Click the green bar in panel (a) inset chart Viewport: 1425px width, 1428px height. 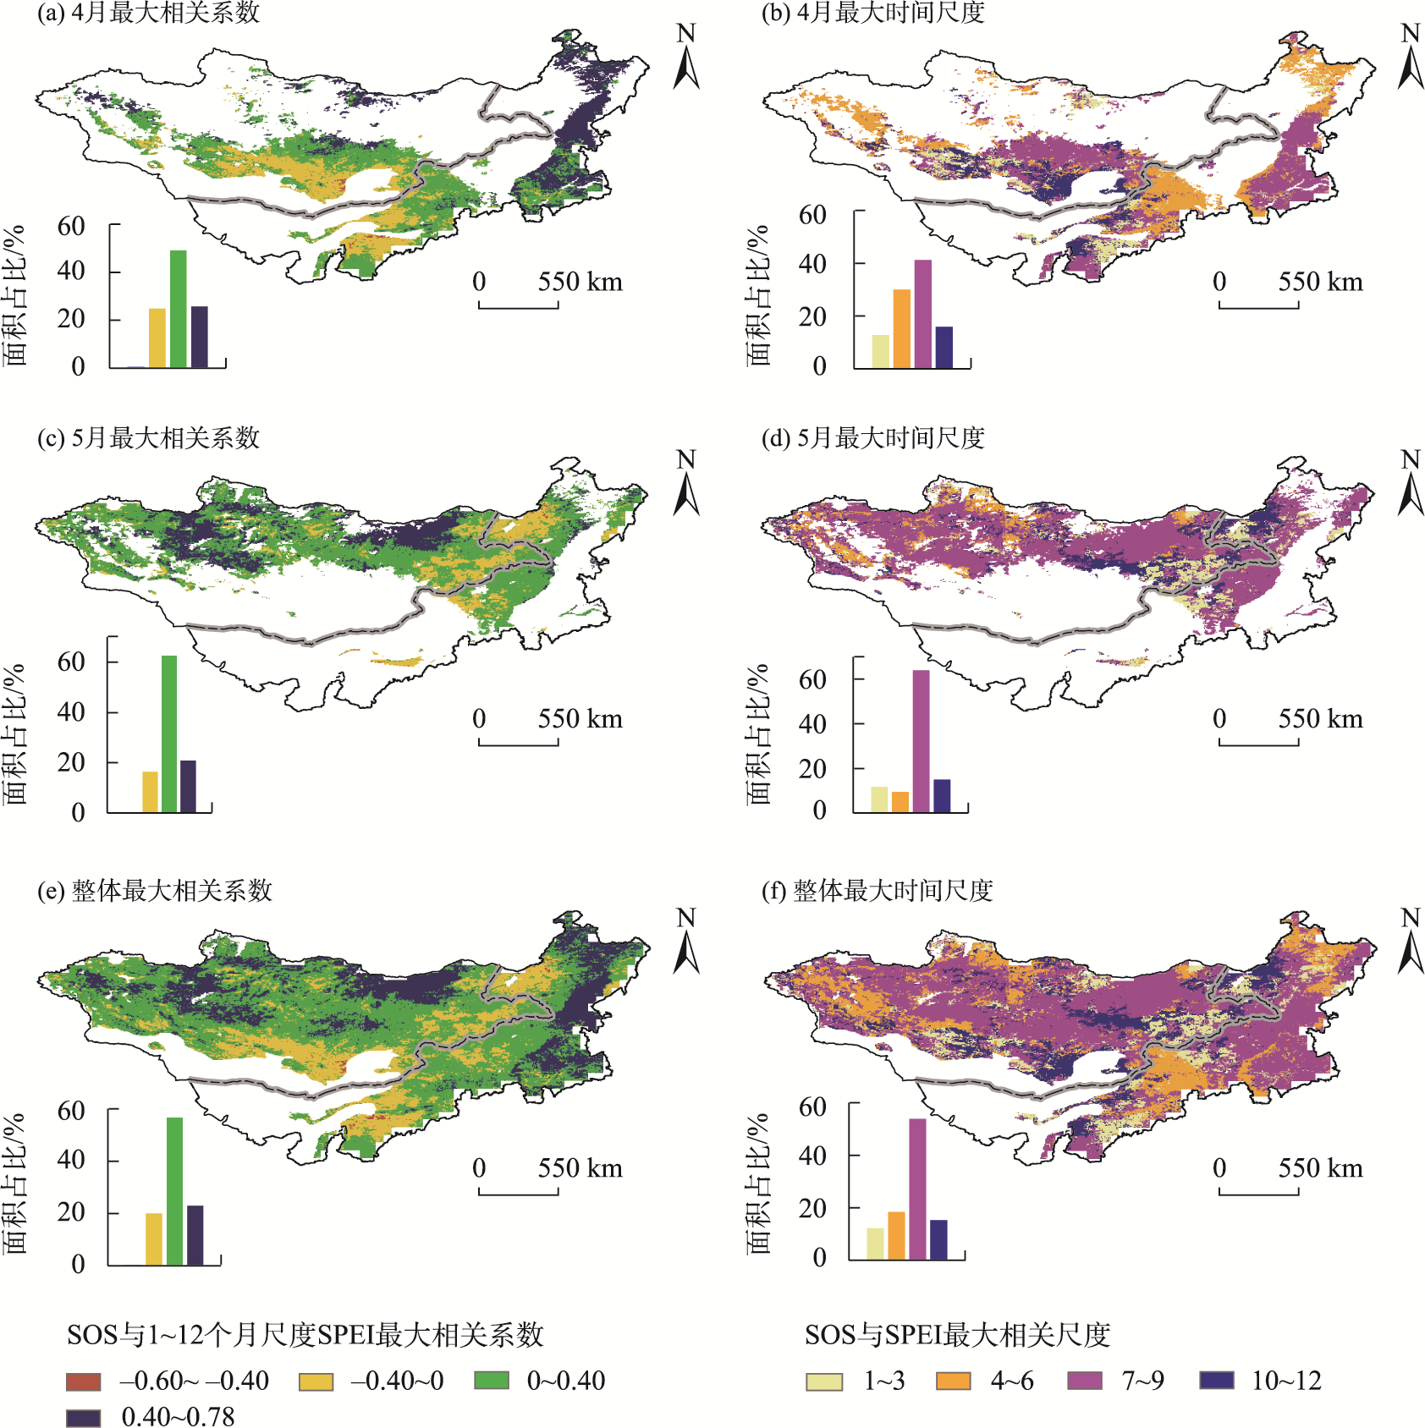pyautogui.click(x=178, y=309)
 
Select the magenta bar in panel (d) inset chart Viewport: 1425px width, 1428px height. pyautogui.click(x=921, y=741)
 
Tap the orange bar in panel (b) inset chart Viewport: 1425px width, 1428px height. pyautogui.click(x=901, y=328)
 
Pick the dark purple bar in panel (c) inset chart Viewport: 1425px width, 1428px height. pyautogui.click(x=188, y=786)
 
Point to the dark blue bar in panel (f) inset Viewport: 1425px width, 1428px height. pyautogui.click(x=938, y=1239)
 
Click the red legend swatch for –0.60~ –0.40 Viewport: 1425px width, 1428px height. pyautogui.click(x=83, y=1381)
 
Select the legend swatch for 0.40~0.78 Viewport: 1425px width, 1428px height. pyautogui.click(x=83, y=1417)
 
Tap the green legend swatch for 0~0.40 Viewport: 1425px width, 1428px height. pyautogui.click(x=491, y=1381)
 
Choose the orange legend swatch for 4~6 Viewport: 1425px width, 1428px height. pyautogui.click(x=953, y=1381)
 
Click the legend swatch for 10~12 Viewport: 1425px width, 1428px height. pyautogui.click(x=1216, y=1381)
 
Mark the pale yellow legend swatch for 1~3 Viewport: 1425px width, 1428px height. pyautogui.click(x=823, y=1381)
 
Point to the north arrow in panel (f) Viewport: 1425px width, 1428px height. pyautogui.click(x=1410, y=941)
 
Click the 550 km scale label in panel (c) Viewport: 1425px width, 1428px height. pyautogui.click(x=580, y=719)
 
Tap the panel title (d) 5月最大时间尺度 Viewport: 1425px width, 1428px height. pyautogui.click(x=872, y=438)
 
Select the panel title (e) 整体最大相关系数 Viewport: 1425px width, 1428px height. pyautogui.click(x=155, y=890)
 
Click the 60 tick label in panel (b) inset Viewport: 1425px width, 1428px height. pyautogui.click(x=812, y=215)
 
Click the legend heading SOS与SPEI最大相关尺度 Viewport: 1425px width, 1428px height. pyautogui.click(x=957, y=1335)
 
